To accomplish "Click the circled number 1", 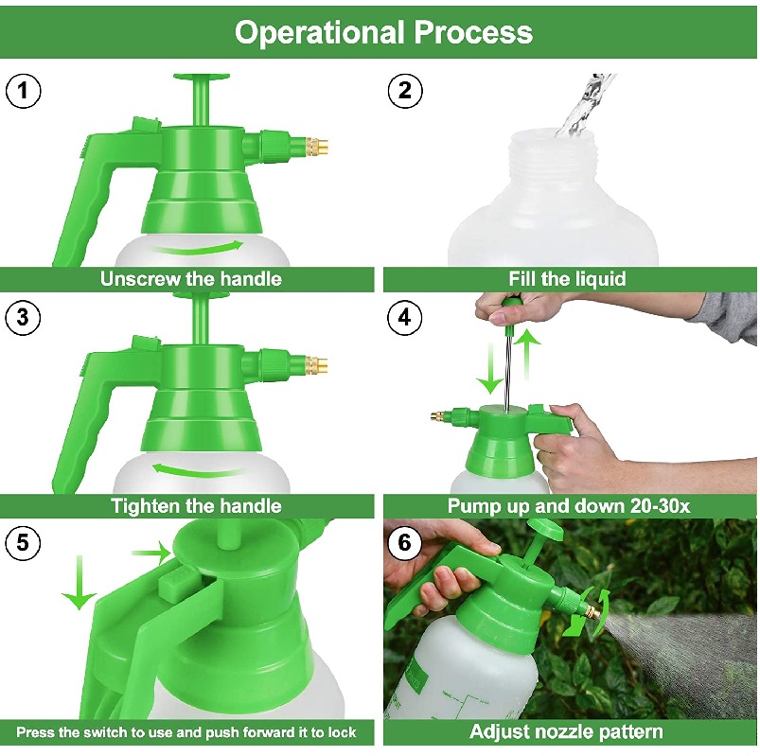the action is coord(23,91).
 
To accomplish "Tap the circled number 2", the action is coord(405,91).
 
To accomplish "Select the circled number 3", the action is coord(23,317).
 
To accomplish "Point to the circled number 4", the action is coord(405,317).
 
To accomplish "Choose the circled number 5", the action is coord(23,542).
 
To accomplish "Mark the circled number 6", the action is coord(405,542).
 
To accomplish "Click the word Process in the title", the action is coord(473,32).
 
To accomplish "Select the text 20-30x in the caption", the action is coord(661,506).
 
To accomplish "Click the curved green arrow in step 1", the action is coord(199,250).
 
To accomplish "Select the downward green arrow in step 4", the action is coord(490,368).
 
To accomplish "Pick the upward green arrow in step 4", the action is coord(527,353).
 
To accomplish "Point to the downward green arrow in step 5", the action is coord(80,582).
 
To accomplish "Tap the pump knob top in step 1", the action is coord(202,77).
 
